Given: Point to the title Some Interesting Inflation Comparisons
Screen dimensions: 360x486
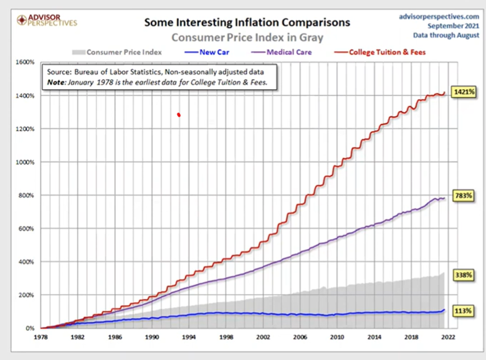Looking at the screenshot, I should point(247,22).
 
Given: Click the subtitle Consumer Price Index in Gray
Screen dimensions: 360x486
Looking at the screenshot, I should point(247,37).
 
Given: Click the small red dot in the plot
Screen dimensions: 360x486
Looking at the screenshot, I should point(179,115).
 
